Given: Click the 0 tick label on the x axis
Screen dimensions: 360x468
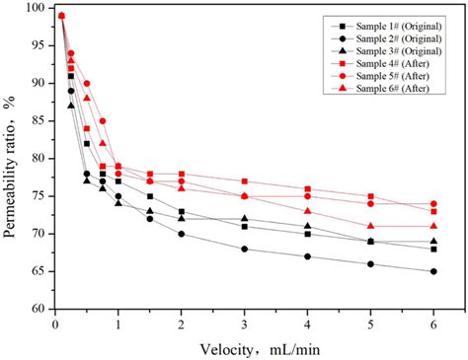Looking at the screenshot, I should (55, 323).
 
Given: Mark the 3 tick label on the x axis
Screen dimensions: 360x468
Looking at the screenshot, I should (245, 323).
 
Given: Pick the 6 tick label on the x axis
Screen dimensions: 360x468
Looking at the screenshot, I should (433, 323).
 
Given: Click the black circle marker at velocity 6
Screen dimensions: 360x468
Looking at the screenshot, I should (433, 271).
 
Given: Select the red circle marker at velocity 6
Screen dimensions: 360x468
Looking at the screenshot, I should (433, 204).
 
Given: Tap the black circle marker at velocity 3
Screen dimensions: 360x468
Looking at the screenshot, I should (245, 249).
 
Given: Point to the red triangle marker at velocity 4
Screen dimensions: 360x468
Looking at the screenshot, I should (308, 211).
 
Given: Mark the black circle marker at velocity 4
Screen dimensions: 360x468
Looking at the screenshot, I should (308, 256).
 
